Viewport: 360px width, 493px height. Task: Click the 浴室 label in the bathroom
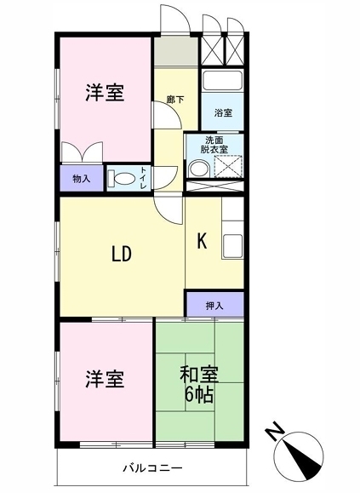pyautogui.click(x=223, y=112)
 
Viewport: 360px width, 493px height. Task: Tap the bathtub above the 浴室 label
pyautogui.click(x=222, y=81)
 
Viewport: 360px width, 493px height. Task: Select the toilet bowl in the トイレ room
pyautogui.click(x=123, y=179)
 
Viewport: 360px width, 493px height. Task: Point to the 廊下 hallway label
pyautogui.click(x=175, y=100)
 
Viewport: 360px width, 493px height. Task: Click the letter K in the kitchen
pyautogui.click(x=202, y=242)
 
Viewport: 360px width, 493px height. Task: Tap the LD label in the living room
pyautogui.click(x=122, y=254)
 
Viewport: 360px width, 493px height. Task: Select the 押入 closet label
pyautogui.click(x=214, y=305)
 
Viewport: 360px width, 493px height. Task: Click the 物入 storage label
pyautogui.click(x=82, y=179)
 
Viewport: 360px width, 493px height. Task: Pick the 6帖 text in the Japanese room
pyautogui.click(x=199, y=395)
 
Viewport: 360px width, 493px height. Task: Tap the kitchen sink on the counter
pyautogui.click(x=233, y=245)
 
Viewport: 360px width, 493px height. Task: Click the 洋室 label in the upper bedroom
pyautogui.click(x=105, y=93)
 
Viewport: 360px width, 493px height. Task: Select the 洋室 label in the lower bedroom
pyautogui.click(x=105, y=379)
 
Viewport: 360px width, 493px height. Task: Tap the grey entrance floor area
pyautogui.click(x=176, y=51)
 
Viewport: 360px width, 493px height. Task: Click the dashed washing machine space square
pyautogui.click(x=228, y=167)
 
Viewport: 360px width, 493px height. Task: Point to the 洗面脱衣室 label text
pyautogui.click(x=214, y=145)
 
